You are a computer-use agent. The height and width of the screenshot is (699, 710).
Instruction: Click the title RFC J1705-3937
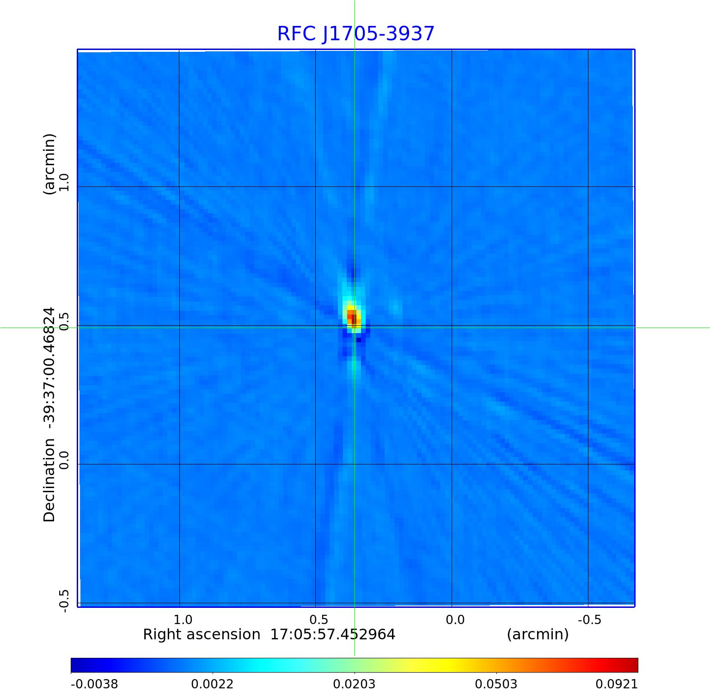[x=355, y=34]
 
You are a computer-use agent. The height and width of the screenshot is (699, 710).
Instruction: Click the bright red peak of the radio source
[x=354, y=318]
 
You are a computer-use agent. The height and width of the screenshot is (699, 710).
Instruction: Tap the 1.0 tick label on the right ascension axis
[x=183, y=619]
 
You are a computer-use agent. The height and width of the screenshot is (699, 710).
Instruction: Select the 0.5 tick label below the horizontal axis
[x=318, y=619]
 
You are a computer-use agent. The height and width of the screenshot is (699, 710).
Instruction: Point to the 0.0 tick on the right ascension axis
[x=455, y=619]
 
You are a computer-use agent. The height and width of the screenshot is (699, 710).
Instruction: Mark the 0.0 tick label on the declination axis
[x=64, y=460]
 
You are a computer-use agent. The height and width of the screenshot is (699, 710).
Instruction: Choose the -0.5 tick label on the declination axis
[x=64, y=601]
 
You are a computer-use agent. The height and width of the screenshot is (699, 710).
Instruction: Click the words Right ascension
[x=202, y=634]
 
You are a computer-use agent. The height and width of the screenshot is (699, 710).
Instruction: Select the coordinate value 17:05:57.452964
[x=333, y=634]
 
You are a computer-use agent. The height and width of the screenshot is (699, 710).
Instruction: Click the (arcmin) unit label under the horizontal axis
[x=538, y=634]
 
